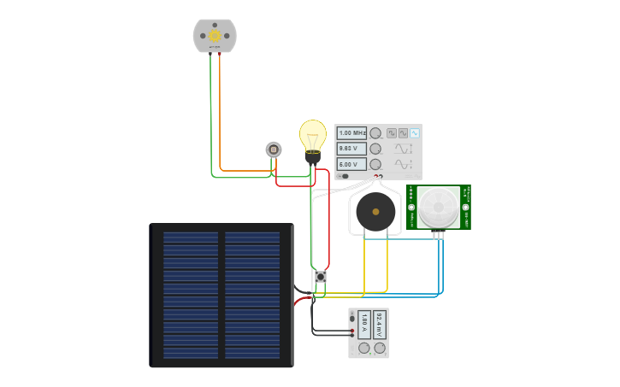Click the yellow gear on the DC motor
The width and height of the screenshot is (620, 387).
click(x=215, y=35)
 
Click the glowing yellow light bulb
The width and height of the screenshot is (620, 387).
click(x=313, y=135)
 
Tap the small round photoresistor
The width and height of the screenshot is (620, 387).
click(x=274, y=150)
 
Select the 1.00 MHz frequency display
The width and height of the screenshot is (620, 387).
click(x=351, y=133)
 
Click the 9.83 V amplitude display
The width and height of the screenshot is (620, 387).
click(x=351, y=149)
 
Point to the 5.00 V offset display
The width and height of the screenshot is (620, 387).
click(x=351, y=164)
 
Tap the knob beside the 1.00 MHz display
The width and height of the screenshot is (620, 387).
click(x=375, y=133)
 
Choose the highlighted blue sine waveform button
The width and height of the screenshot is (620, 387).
click(x=415, y=133)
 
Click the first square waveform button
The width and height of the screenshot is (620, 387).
click(x=392, y=133)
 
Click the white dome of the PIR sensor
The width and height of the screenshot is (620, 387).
click(x=439, y=206)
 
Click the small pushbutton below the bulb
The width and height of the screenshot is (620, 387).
click(x=321, y=277)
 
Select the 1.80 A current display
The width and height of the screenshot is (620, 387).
click(x=365, y=324)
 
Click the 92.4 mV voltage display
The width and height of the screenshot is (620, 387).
click(x=380, y=324)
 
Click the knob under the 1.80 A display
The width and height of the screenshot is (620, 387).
click(x=364, y=349)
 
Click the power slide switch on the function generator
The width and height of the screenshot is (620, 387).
click(x=343, y=176)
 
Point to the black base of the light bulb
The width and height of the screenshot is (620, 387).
click(x=313, y=157)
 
